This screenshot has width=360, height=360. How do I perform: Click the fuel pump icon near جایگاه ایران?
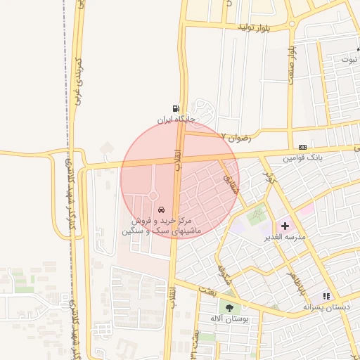(174, 109)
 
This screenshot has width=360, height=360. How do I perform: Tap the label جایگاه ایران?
(174, 120)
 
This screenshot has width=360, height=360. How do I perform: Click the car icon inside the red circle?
(162, 210)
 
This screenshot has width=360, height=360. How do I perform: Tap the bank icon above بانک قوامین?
(302, 146)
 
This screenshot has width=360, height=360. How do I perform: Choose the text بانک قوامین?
(303, 158)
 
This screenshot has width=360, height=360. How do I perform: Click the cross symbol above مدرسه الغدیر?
(285, 226)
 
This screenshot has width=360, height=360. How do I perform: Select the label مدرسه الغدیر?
(285, 238)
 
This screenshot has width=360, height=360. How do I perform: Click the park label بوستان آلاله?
(226, 319)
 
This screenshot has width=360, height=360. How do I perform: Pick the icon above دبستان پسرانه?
(326, 296)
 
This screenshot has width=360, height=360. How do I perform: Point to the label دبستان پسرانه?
(327, 307)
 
